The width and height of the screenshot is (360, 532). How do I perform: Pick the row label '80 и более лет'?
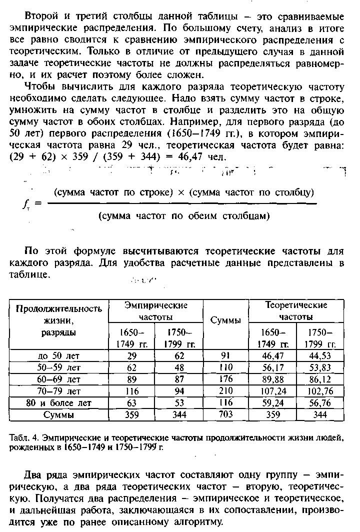[59, 403]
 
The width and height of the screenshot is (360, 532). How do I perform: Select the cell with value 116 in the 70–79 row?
[132, 391]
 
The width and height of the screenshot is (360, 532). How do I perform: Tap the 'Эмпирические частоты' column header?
[155, 311]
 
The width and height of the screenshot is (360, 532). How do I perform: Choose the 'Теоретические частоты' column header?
[296, 311]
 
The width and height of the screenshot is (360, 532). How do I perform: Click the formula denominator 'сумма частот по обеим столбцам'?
[184, 216]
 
